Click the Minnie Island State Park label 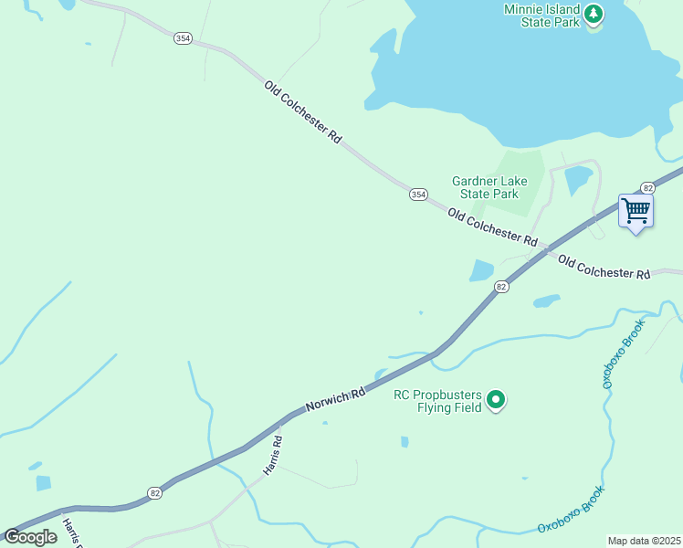click(541, 16)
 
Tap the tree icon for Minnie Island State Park click(594, 14)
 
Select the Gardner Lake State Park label click(485, 187)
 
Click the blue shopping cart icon click(636, 211)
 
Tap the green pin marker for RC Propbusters click(497, 399)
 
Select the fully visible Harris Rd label click(272, 455)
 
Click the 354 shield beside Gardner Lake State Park click(418, 194)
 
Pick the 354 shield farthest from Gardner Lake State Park click(184, 37)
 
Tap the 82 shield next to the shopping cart click(647, 187)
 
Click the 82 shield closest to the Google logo click(154, 493)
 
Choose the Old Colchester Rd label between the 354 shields click(302, 112)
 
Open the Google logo click(31, 537)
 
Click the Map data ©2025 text click(644, 541)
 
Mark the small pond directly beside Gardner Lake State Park click(577, 180)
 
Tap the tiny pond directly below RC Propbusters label click(404, 442)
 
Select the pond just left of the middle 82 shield click(480, 270)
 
